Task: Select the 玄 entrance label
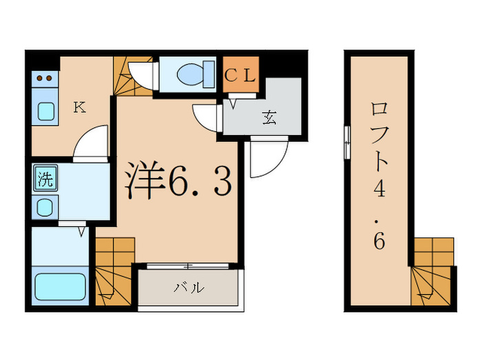coord(269,117)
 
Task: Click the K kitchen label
coord(80,107)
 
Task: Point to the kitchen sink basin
coord(45,111)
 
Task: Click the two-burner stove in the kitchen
coord(45,79)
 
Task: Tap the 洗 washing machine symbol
coord(45,181)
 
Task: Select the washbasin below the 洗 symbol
coord(45,206)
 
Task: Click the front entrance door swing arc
coord(266,159)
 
